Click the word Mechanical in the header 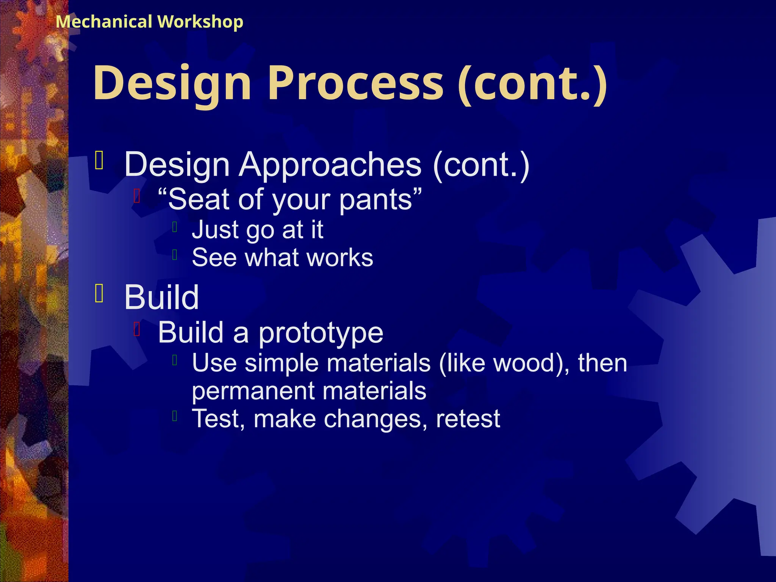[104, 22]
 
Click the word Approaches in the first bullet [330, 164]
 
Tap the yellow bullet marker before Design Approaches [99, 160]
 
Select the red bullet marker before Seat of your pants [137, 196]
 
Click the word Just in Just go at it [215, 230]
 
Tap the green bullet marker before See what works [175, 255]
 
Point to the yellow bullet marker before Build [99, 294]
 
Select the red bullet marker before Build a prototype [137, 329]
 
